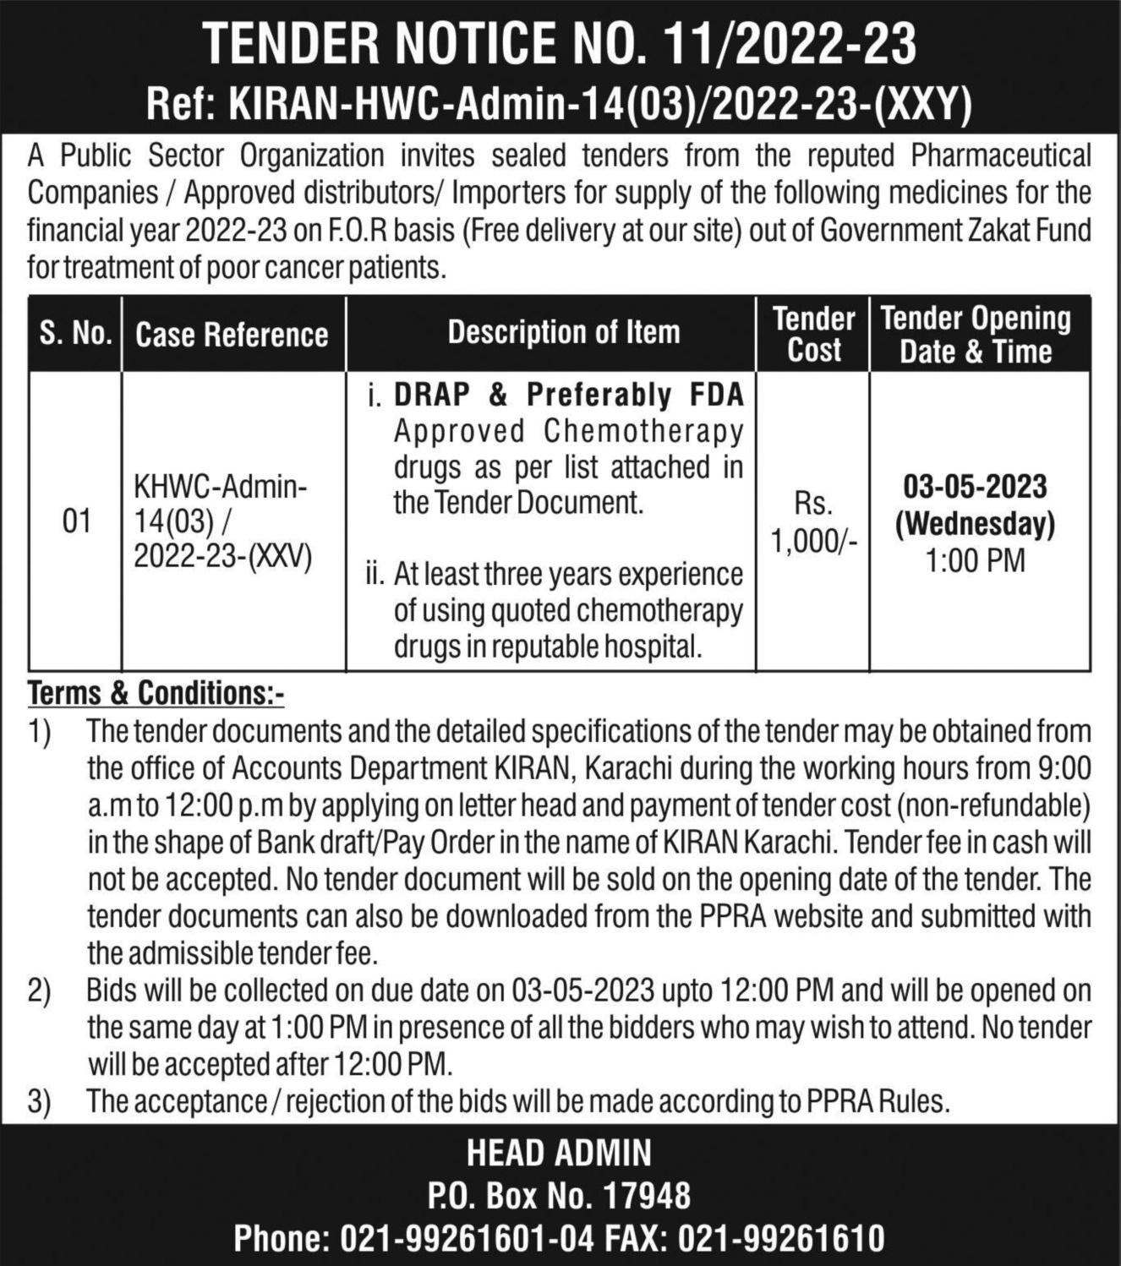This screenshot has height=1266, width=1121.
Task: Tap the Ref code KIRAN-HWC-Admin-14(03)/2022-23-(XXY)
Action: pyautogui.click(x=600, y=106)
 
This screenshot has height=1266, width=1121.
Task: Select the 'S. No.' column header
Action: pyautogui.click(x=75, y=334)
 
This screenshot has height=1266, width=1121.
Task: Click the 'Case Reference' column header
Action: pyautogui.click(x=232, y=335)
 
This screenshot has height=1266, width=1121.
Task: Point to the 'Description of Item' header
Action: pyautogui.click(x=564, y=332)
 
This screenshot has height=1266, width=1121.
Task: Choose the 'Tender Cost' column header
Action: pyautogui.click(x=813, y=335)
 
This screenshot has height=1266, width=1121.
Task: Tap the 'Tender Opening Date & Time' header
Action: pyautogui.click(x=976, y=335)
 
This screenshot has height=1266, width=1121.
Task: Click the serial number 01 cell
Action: pyautogui.click(x=76, y=521)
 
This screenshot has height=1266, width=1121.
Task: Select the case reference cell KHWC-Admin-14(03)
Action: pyautogui.click(x=221, y=521)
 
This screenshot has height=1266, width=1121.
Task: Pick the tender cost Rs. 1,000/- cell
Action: pyautogui.click(x=813, y=522)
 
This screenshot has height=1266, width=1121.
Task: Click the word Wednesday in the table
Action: pyautogui.click(x=976, y=525)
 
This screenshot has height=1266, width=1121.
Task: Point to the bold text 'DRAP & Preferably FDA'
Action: pyautogui.click(x=568, y=395)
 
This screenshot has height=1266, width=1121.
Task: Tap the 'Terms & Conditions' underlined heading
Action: pyautogui.click(x=156, y=693)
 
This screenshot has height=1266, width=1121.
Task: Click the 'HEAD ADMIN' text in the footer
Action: pyautogui.click(x=560, y=1154)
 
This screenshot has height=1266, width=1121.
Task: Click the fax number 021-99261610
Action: pyautogui.click(x=788, y=1239)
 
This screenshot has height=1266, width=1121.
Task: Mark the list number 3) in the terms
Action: pyautogui.click(x=39, y=1102)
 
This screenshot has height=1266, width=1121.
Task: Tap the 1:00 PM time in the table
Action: pyautogui.click(x=976, y=560)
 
